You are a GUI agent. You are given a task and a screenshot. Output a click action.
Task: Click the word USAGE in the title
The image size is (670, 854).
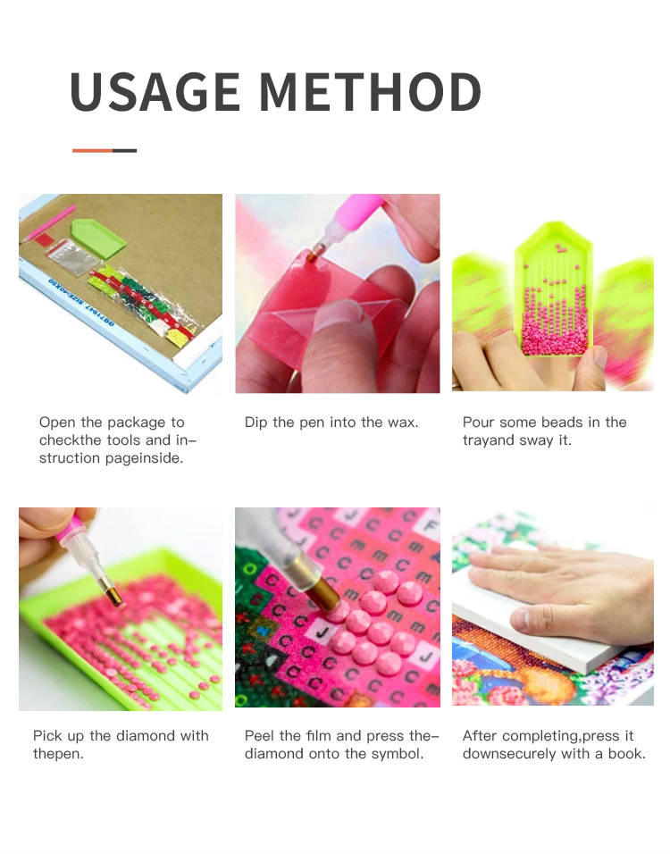click(x=155, y=91)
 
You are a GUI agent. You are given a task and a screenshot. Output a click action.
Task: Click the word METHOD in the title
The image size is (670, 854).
click(x=371, y=91)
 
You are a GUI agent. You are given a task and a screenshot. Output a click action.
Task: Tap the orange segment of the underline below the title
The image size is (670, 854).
click(x=93, y=150)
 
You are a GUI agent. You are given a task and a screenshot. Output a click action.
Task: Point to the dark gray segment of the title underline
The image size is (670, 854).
click(x=125, y=150)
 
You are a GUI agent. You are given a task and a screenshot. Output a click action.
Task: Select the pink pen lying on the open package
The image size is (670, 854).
click(x=50, y=222)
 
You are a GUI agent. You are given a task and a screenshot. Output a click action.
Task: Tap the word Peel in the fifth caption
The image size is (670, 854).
click(x=259, y=736)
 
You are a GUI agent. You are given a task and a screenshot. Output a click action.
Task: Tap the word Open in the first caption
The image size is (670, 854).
click(x=57, y=423)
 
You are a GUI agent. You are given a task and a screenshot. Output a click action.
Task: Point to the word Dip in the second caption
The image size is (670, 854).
click(x=255, y=423)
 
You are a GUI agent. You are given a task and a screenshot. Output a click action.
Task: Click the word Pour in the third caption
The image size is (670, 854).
click(x=478, y=423)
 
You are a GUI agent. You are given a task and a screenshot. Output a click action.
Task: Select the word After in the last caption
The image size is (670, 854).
click(x=480, y=736)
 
